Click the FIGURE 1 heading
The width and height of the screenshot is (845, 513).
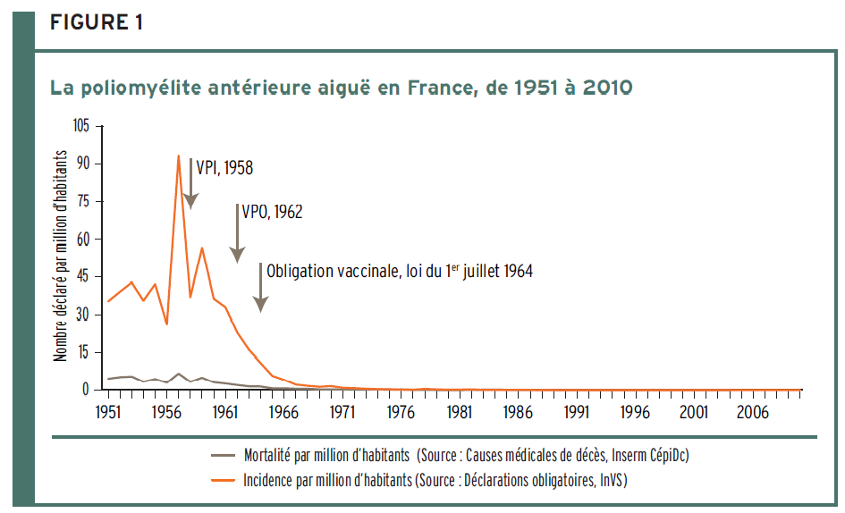tap(97, 23)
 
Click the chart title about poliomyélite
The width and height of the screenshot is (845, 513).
tap(342, 88)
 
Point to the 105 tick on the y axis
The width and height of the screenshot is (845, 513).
tap(81, 126)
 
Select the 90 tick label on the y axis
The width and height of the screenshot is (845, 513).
tap(83, 164)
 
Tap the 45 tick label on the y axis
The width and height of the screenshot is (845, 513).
tap(83, 276)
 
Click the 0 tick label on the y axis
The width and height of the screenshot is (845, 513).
tap(87, 390)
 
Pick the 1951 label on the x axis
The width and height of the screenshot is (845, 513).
tap(109, 412)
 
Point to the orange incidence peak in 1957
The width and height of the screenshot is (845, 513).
tap(179, 156)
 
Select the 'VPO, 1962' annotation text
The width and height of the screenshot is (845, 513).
tap(272, 212)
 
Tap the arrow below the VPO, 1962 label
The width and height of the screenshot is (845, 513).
tap(237, 234)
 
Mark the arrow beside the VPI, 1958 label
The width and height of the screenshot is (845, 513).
tap(190, 183)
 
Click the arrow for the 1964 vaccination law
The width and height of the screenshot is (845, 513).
tap(260, 288)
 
